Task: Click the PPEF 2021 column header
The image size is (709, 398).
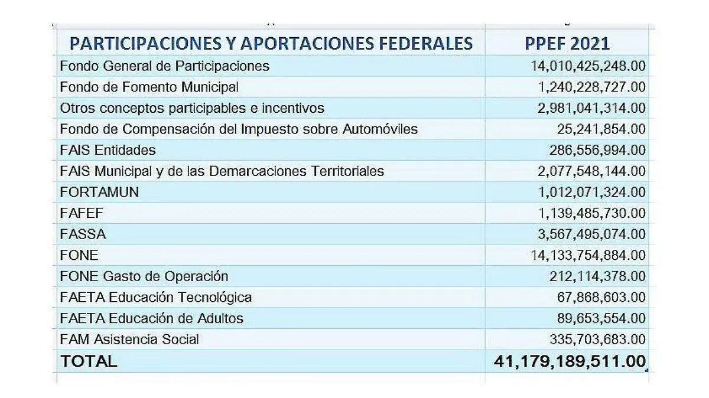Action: pos(567,43)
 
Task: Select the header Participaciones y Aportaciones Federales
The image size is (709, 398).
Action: pos(271,43)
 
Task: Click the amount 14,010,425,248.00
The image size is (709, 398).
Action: pos(588,66)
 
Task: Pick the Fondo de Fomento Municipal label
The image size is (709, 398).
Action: pos(149,87)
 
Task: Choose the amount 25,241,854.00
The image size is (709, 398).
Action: pos(601,129)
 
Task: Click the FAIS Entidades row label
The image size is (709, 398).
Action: pos(108,150)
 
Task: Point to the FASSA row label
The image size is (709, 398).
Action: pos(83,234)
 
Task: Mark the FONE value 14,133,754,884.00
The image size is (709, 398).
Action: pos(589,255)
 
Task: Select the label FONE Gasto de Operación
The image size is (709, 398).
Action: pos(144,276)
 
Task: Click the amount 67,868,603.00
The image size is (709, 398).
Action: pos(601,297)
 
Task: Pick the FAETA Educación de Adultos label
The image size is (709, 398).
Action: pos(152,318)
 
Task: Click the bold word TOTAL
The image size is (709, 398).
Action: pos(89,361)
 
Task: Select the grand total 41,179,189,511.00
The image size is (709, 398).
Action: pos(570,361)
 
